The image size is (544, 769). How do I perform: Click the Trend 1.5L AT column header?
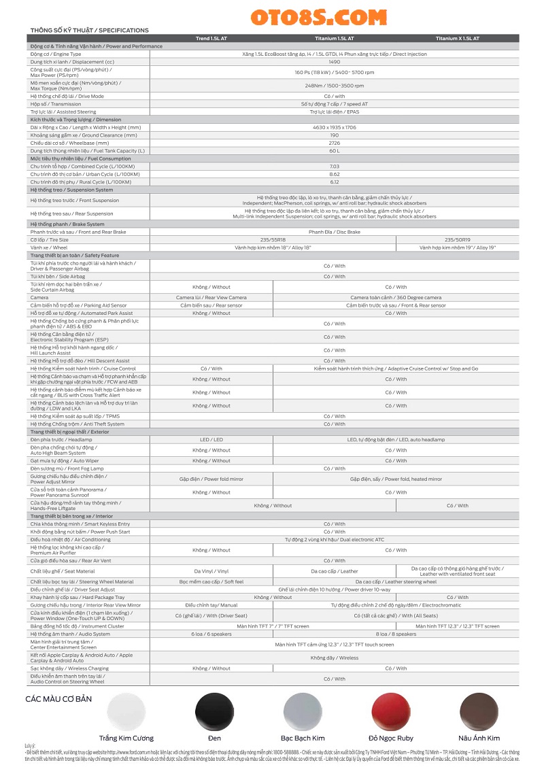pyautogui.click(x=211, y=39)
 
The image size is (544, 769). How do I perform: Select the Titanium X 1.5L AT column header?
pyautogui.click(x=457, y=39)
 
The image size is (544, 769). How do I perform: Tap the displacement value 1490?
pyautogui.click(x=334, y=61)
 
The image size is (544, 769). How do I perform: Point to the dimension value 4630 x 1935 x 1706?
pyautogui.click(x=334, y=127)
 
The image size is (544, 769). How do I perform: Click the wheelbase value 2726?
pyautogui.click(x=334, y=143)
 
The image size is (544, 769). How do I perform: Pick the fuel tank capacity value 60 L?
pyautogui.click(x=334, y=150)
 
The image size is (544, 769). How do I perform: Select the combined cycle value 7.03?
pyautogui.click(x=334, y=166)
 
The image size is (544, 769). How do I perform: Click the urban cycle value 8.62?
pyautogui.click(x=334, y=174)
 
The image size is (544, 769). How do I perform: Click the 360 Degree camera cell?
pyautogui.click(x=396, y=297)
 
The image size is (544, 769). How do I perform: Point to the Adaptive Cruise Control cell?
pyautogui.click(x=396, y=369)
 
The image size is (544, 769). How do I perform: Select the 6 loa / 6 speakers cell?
pyautogui.click(x=211, y=634)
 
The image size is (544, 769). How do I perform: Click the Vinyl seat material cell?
pyautogui.click(x=211, y=571)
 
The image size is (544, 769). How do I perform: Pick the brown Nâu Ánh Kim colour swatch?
pyautogui.click(x=479, y=711)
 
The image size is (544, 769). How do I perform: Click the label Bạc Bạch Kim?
pyautogui.click(x=303, y=738)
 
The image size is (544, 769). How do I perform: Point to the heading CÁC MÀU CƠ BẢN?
pyautogui.click(x=58, y=699)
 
